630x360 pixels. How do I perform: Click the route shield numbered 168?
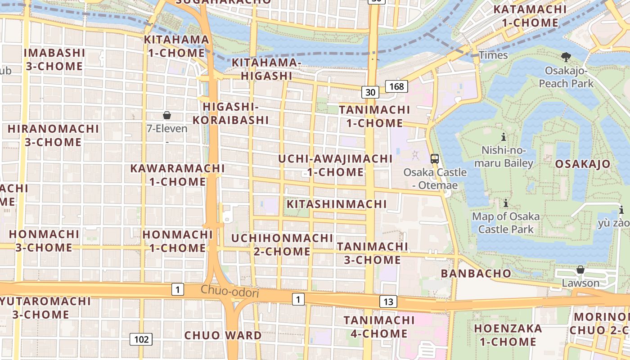(x=396, y=86)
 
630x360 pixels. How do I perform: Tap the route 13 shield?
(x=388, y=301)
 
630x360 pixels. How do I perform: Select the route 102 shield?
(x=141, y=339)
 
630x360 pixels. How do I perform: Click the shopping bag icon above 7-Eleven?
(x=167, y=115)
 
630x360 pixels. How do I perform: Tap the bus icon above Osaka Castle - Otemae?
(x=435, y=158)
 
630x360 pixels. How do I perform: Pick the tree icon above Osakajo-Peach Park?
(x=566, y=57)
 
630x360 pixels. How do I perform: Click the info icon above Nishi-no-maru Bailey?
(x=504, y=137)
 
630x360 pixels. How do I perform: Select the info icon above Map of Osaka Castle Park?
(x=506, y=203)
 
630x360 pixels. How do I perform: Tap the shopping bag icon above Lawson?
(x=580, y=270)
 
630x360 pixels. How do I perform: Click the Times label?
(x=493, y=55)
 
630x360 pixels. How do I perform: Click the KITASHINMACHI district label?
(x=337, y=204)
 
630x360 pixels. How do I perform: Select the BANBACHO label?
(x=476, y=273)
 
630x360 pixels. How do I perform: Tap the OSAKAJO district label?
(x=582, y=164)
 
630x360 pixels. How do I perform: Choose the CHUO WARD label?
(x=223, y=335)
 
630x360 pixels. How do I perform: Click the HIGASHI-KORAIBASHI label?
(x=230, y=113)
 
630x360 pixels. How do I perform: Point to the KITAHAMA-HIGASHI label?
(x=266, y=69)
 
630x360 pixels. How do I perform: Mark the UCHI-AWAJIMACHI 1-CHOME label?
(x=335, y=165)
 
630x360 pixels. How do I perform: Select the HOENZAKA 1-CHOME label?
(x=508, y=335)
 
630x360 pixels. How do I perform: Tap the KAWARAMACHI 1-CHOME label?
(x=177, y=175)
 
